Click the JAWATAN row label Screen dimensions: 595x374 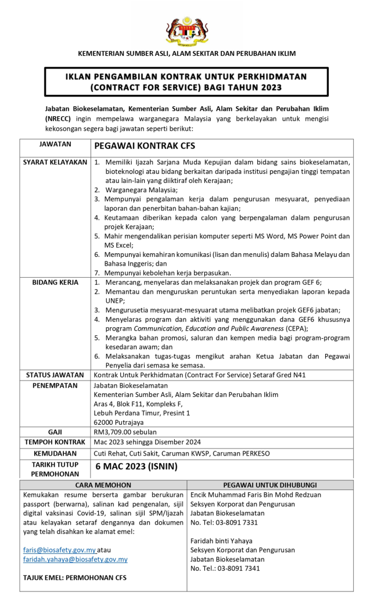click(x=55, y=144)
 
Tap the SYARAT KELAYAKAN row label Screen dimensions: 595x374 click(x=55, y=162)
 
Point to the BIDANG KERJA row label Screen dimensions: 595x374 click(x=55, y=282)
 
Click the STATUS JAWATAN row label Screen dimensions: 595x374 click(x=55, y=375)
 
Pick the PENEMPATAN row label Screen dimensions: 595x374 click(x=55, y=386)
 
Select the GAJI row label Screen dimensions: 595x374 click(x=55, y=432)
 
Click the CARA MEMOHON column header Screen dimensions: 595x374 click(x=103, y=485)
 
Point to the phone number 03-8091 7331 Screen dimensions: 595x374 click(x=233, y=522)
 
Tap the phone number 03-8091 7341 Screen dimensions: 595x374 click(x=235, y=568)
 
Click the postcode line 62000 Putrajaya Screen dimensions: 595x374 click(x=118, y=422)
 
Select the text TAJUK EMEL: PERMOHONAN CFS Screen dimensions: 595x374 click(x=75, y=578)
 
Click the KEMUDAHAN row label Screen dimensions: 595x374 click(x=55, y=453)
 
